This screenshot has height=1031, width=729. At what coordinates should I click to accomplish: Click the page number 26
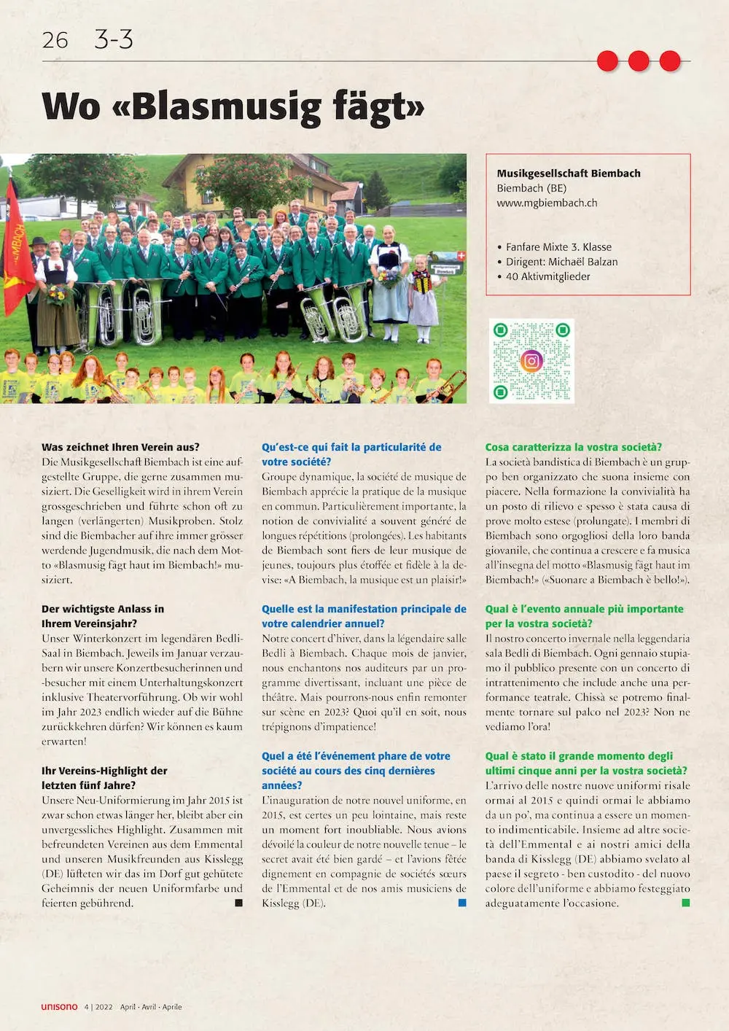(55, 40)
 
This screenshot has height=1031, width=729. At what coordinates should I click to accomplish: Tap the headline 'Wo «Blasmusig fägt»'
(233, 106)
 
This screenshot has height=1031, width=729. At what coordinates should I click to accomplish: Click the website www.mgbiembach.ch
(547, 203)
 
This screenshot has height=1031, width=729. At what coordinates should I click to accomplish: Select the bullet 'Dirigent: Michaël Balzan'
(561, 262)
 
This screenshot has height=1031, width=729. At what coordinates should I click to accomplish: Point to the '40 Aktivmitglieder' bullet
(547, 276)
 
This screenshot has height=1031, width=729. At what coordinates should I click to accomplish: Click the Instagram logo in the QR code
(531, 360)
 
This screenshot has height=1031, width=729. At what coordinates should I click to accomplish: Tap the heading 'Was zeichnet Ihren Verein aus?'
(120, 447)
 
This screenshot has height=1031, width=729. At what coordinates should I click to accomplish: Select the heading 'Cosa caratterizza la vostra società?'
(574, 447)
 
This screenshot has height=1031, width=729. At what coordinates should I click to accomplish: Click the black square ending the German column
(238, 903)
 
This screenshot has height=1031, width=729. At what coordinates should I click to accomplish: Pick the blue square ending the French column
(462, 903)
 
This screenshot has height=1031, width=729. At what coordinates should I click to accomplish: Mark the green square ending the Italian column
(685, 903)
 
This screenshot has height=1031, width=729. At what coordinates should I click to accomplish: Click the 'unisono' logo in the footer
(59, 1007)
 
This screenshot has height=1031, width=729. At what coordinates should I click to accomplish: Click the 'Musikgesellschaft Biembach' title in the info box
(569, 174)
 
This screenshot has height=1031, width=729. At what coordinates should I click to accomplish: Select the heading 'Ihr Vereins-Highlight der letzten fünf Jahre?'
(104, 778)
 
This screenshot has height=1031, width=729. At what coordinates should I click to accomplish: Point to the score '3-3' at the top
(114, 39)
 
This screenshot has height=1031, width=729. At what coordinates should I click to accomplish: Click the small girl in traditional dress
(423, 299)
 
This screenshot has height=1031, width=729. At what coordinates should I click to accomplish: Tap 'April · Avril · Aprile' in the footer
(151, 1007)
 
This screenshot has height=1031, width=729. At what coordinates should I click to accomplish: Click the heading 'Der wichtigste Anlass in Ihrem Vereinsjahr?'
(103, 616)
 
